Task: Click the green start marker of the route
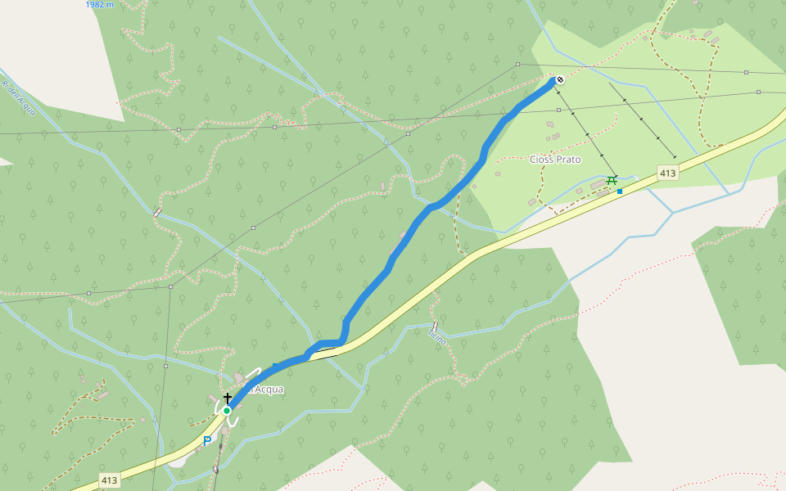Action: (x=227, y=410)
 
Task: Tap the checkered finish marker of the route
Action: (x=560, y=79)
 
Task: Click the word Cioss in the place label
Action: (x=541, y=160)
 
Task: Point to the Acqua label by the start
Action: (x=268, y=390)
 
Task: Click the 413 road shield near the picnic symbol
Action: (x=667, y=173)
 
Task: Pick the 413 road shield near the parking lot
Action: (x=110, y=480)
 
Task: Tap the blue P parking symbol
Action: (x=207, y=441)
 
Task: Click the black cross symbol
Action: (x=228, y=397)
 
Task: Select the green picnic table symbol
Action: (x=612, y=180)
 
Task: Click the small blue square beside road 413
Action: (x=620, y=191)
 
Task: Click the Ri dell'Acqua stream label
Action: (x=18, y=97)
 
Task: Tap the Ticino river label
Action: (x=437, y=336)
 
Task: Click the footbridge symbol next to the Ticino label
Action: (x=435, y=326)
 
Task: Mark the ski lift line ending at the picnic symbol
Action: (x=585, y=131)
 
